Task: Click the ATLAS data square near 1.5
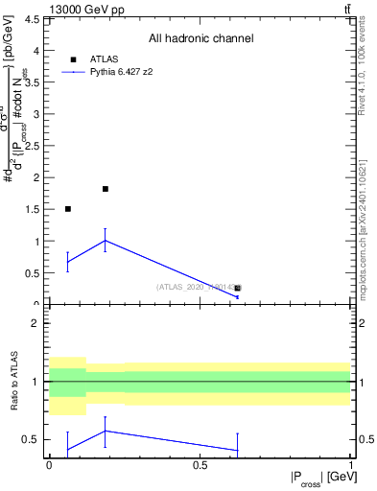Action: pyautogui.click(x=67, y=208)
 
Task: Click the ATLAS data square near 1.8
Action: pyautogui.click(x=106, y=189)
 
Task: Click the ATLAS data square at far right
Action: pyautogui.click(x=238, y=288)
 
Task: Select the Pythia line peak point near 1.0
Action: pyautogui.click(x=106, y=240)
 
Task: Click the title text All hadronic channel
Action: pyautogui.click(x=200, y=39)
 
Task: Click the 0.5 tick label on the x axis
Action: pyautogui.click(x=200, y=464)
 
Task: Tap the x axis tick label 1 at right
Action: pyautogui.click(x=350, y=464)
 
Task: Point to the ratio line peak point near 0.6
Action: pyautogui.click(x=106, y=431)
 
